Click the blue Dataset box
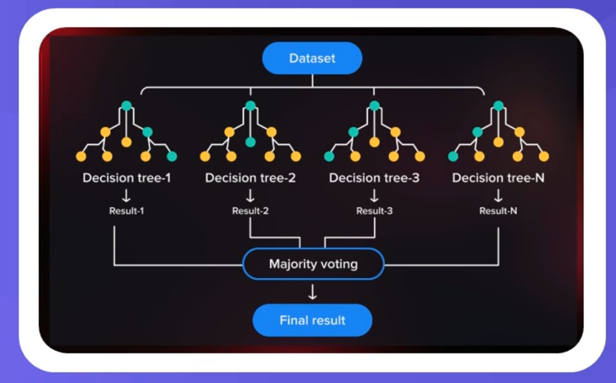(312, 59)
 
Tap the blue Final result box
(312, 319)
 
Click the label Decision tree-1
(126, 177)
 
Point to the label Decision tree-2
(250, 177)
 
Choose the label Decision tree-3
(374, 177)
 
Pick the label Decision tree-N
(498, 177)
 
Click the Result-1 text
(126, 210)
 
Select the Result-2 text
(250, 210)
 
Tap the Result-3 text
(374, 210)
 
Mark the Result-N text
(498, 210)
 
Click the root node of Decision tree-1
(126, 106)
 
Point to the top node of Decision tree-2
(250, 106)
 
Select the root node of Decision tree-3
(374, 106)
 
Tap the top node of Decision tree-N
(498, 106)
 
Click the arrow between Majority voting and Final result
(312, 291)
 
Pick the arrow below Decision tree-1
(126, 195)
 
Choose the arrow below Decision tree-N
(498, 195)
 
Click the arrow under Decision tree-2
(250, 195)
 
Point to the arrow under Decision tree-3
(374, 195)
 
